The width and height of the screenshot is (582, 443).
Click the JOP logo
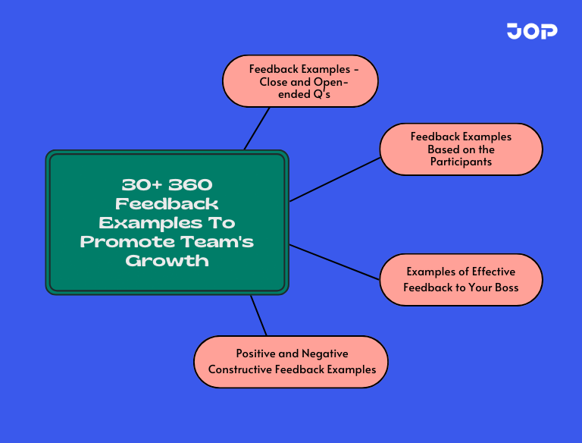tap(532, 31)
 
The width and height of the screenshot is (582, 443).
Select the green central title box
tap(167, 222)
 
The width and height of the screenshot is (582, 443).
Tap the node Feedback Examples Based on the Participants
tap(461, 149)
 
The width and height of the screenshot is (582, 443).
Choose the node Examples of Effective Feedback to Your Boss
tap(461, 280)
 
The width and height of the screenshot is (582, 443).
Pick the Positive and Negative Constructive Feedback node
tap(291, 362)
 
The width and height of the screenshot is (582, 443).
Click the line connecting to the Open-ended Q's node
tap(257, 128)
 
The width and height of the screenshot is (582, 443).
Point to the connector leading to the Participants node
tap(333, 180)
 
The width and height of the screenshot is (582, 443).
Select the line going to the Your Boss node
tap(333, 262)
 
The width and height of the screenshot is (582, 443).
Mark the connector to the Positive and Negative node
tap(258, 315)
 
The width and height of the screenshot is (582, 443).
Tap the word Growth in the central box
tap(167, 260)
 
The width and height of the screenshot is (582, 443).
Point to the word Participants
tap(461, 162)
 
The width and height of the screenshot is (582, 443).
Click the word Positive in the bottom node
tap(256, 353)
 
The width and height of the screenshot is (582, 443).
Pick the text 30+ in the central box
tap(140, 184)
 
